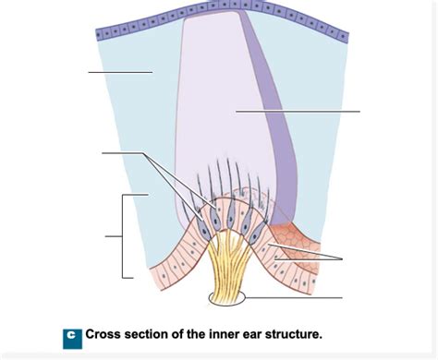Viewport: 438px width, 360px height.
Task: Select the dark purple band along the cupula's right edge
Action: (x=277, y=120)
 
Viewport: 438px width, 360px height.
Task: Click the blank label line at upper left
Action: (x=120, y=72)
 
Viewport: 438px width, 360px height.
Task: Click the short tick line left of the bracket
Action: (x=114, y=236)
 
